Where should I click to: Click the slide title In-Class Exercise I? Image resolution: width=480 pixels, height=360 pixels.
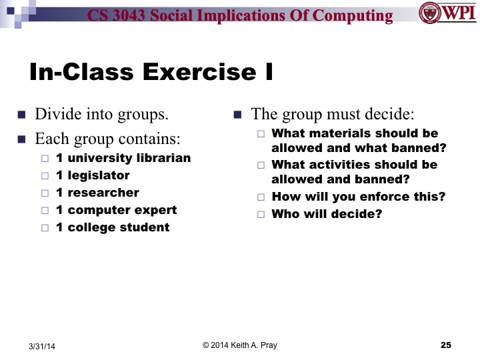[152, 72]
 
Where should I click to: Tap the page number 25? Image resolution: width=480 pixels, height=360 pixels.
[446, 345]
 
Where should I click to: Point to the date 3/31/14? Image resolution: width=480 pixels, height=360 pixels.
[42, 346]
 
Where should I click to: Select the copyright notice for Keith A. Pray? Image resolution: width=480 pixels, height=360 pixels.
[240, 345]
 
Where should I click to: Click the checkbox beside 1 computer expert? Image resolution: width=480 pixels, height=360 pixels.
[45, 211]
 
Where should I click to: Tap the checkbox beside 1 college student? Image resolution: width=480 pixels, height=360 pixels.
[45, 228]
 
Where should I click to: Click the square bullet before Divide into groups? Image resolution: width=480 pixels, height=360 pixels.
[21, 114]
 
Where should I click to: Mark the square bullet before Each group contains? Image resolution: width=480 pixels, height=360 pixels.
[21, 139]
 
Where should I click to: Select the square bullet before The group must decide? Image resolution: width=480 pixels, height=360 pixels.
[238, 114]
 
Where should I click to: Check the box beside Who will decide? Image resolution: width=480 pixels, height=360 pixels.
[261, 215]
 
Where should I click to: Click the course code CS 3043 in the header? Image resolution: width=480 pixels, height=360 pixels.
[121, 15]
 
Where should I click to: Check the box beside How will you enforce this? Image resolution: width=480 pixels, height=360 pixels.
[261, 197]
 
